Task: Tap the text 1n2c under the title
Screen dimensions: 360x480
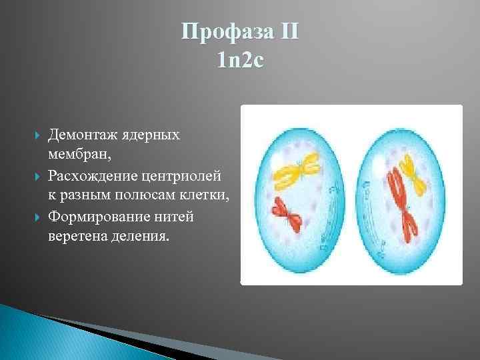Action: pyautogui.click(x=241, y=61)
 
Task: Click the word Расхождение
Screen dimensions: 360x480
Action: pyautogui.click(x=92, y=176)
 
